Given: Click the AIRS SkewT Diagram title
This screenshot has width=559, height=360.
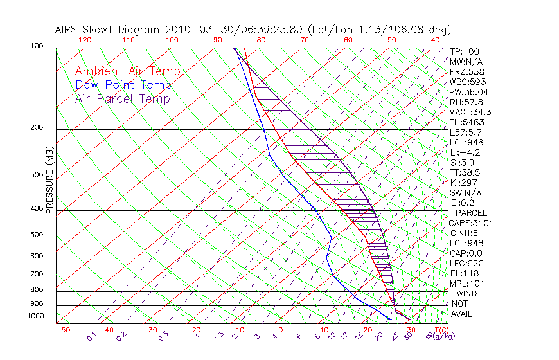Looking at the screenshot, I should tap(253, 30).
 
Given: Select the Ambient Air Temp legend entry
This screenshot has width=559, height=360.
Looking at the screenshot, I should tap(127, 71).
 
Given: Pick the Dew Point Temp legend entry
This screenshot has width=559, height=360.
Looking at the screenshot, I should tap(123, 85).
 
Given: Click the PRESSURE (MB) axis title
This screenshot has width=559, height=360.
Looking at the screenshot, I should tap(49, 183).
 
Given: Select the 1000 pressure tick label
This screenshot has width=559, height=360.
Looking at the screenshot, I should tap(36, 316).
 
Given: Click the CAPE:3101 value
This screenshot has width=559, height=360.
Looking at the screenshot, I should tap(470, 223).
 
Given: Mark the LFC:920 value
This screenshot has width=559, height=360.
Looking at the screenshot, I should tap(466, 263).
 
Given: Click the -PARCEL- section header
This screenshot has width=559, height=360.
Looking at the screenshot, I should tap(471, 213).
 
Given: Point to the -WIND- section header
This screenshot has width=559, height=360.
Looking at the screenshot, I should tap(466, 293).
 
